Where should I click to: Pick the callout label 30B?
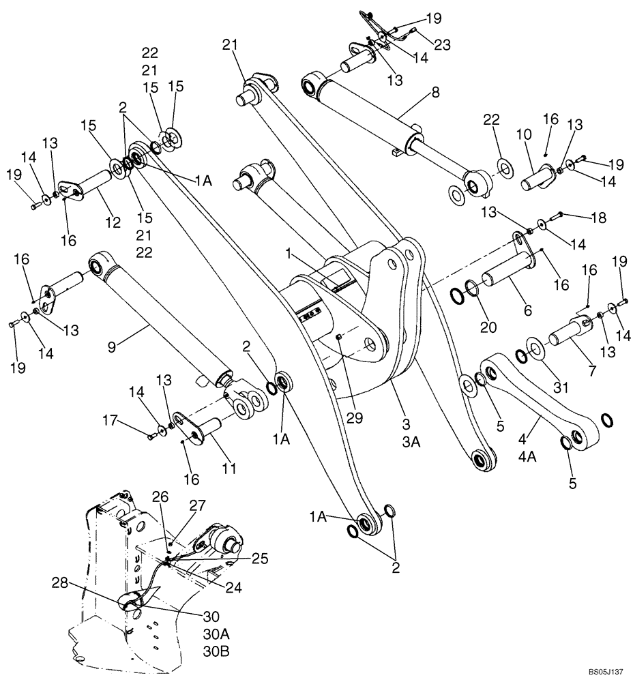[216, 651]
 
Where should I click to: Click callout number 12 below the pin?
[113, 222]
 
